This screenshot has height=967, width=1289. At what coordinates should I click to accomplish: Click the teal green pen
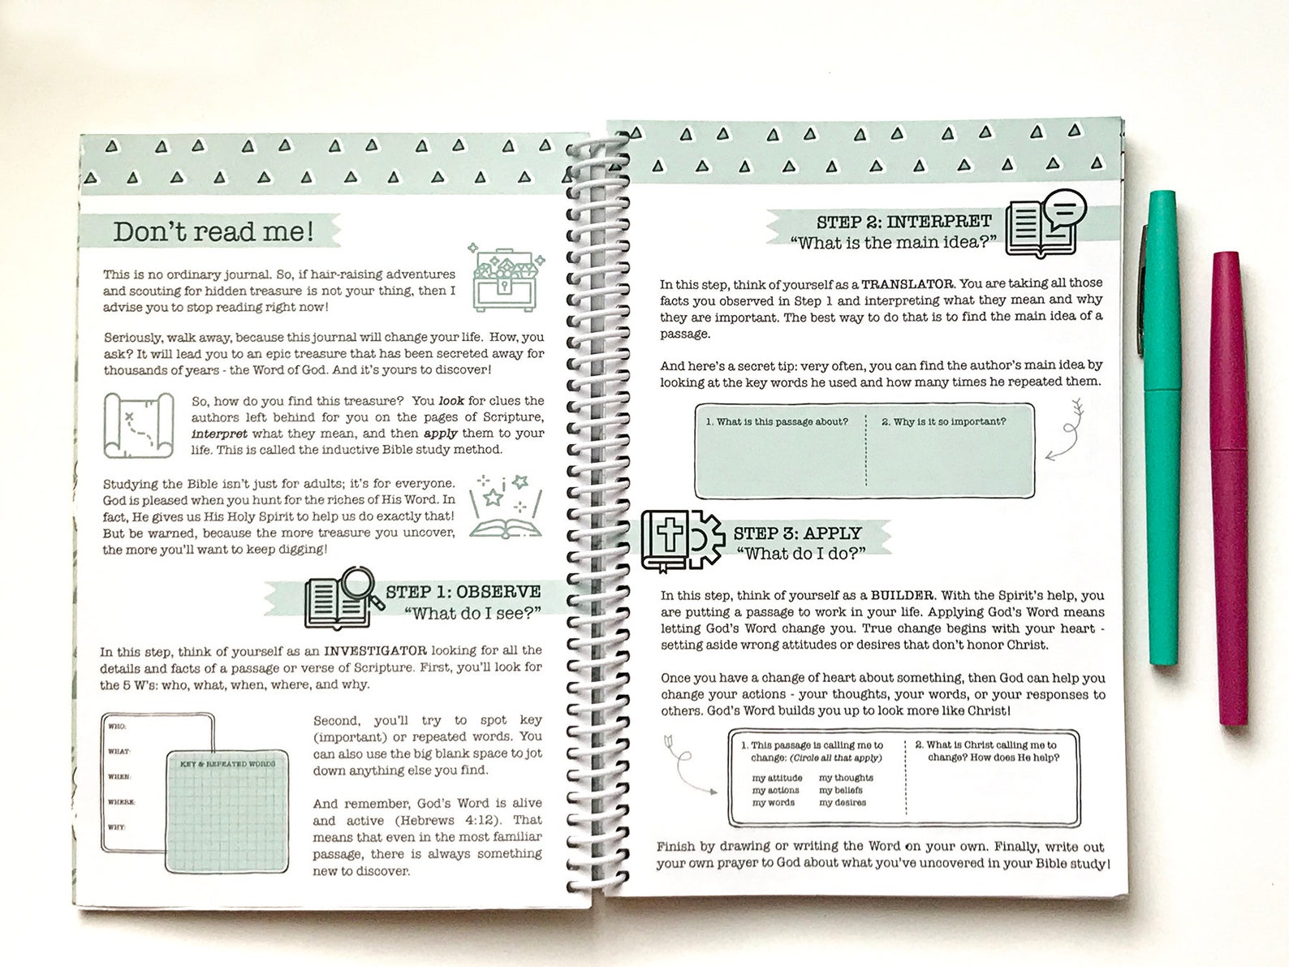1162,430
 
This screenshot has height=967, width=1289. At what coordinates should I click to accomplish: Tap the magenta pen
1231,487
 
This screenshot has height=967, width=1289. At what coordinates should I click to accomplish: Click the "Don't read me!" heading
213,232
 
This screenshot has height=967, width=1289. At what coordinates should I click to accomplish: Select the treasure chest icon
506,278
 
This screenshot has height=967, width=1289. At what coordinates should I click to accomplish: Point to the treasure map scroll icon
139,425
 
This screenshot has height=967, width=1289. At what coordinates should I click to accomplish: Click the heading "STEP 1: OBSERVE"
463,592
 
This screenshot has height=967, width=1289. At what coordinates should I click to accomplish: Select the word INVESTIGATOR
375,650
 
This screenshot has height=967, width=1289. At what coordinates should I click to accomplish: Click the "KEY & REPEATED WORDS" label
227,764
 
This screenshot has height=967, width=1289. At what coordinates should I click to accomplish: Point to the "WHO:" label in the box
118,726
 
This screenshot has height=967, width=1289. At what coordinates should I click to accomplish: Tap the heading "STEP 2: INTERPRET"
903,222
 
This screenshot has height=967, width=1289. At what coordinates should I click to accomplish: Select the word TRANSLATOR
907,284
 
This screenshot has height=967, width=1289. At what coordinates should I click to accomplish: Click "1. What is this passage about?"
777,421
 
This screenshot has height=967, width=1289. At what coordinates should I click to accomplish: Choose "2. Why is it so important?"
943,421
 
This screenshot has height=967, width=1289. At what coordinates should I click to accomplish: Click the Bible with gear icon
680,539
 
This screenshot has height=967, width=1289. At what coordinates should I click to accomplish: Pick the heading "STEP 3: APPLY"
797,533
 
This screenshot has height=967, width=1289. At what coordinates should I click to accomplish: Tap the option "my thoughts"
846,778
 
